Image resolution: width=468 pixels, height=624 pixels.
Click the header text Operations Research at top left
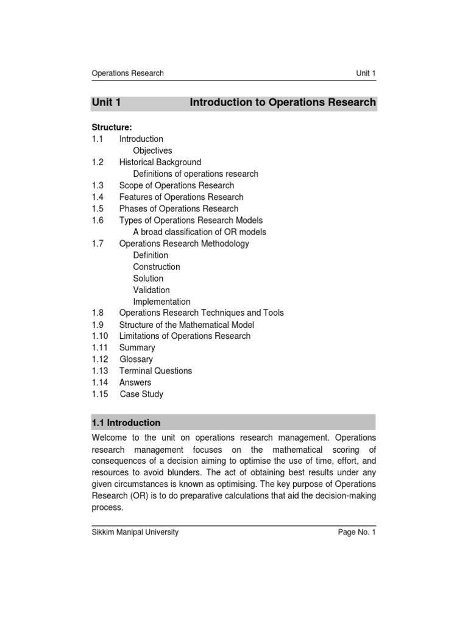click(x=127, y=73)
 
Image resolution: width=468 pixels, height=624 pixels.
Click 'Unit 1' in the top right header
click(x=366, y=73)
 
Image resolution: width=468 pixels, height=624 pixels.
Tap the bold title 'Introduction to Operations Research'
click(x=283, y=102)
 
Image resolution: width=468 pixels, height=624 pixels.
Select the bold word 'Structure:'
click(x=112, y=127)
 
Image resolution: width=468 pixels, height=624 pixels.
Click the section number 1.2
click(x=98, y=162)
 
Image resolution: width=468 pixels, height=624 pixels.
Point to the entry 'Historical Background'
click(x=160, y=162)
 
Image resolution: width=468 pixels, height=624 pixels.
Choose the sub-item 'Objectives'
click(x=152, y=151)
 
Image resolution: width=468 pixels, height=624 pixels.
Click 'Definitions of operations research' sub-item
click(x=196, y=174)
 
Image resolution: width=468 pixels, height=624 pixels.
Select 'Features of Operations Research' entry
click(x=181, y=197)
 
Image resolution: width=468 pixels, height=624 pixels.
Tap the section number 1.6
click(x=98, y=220)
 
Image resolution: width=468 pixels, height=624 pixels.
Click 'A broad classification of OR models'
click(x=199, y=232)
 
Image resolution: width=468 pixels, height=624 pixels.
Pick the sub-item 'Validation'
click(x=151, y=290)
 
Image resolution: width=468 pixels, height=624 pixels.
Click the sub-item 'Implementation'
click(x=161, y=302)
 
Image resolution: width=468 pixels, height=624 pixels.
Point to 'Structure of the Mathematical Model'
click(x=186, y=325)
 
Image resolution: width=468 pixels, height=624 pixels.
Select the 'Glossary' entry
click(x=136, y=360)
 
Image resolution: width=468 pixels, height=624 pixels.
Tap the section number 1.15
click(x=100, y=394)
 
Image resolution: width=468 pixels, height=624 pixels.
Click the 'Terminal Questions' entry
click(x=155, y=371)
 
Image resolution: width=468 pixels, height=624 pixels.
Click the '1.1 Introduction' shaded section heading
click(x=126, y=422)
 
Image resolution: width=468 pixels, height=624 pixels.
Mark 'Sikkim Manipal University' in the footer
click(x=135, y=532)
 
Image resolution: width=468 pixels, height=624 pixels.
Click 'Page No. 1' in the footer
click(x=357, y=532)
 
